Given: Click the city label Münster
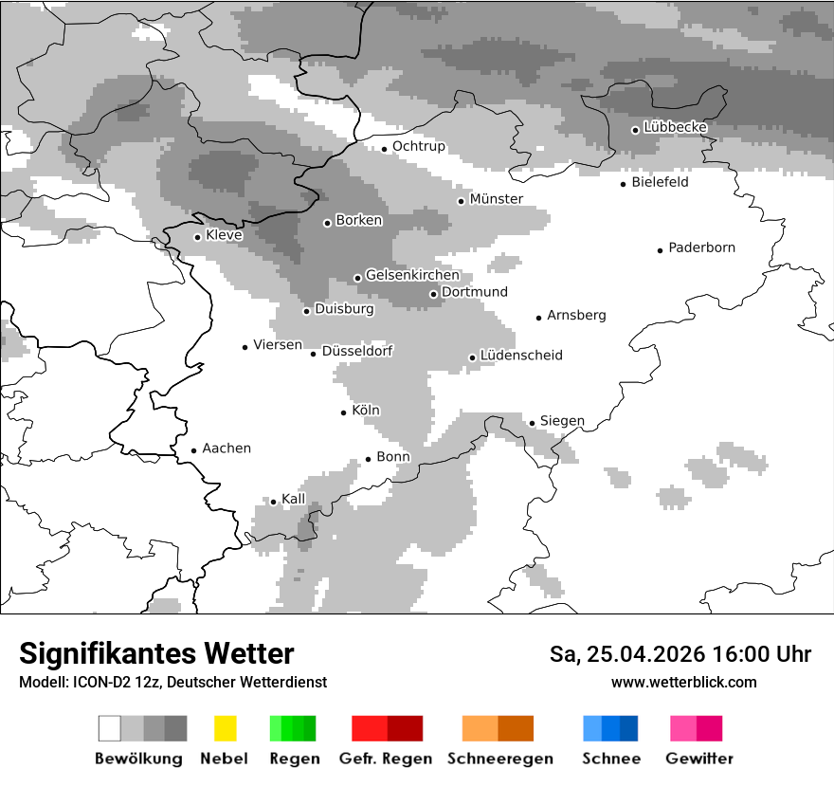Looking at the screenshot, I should coord(496,199).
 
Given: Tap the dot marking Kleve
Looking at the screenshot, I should coord(197,237).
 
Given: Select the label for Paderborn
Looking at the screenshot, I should coord(701,248).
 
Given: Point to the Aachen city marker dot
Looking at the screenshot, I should coord(193,451).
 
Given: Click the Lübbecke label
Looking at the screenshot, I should coord(675,127).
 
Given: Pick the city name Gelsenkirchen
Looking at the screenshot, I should coord(412,276).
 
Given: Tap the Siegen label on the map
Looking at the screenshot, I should coord(562,421).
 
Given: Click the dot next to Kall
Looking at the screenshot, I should coord(273,502).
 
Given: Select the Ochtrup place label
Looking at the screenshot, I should coord(418,147).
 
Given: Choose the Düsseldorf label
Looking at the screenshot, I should coord(357,351).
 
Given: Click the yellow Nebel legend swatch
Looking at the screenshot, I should coord(225,728).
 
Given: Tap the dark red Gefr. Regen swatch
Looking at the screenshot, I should coord(405,728).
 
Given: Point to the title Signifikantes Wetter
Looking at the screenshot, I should coord(156,653).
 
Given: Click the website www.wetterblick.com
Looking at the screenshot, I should coord(683,683).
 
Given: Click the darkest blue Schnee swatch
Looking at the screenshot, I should coord(629,728).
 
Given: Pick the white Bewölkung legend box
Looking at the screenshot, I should coord(110,728).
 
